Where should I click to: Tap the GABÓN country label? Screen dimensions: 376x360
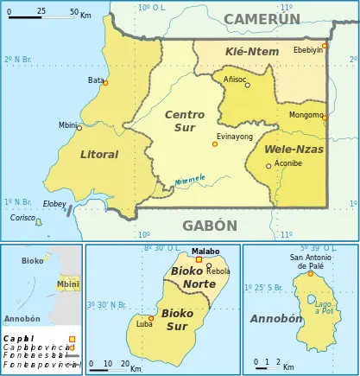pos(209,226)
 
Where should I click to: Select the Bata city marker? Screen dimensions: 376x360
pos(105,83)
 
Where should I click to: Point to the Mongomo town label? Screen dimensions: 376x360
pos(305,114)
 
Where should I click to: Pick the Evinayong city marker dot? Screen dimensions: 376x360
pos(215,144)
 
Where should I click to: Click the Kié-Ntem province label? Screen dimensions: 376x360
pos(252,52)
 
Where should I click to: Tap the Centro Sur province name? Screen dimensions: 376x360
pos(185,121)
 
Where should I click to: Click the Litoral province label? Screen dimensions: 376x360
pos(98,155)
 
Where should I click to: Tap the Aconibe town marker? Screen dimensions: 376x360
pos(268,166)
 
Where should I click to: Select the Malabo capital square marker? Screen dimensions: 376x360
pos(199,259)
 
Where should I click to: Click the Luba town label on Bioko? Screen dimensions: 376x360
pos(143,324)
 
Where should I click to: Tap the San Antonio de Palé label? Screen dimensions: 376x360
pos(311,261)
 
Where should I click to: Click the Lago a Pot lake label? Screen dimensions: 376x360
pos(322,307)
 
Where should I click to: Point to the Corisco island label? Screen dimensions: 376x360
pos(22,218)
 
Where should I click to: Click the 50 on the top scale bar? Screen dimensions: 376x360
pos(74,12)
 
